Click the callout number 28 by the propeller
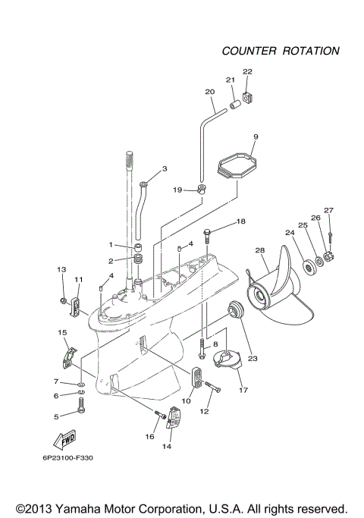260,251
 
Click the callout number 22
246,72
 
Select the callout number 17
243,391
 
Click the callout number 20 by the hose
210,92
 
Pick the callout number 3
165,168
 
